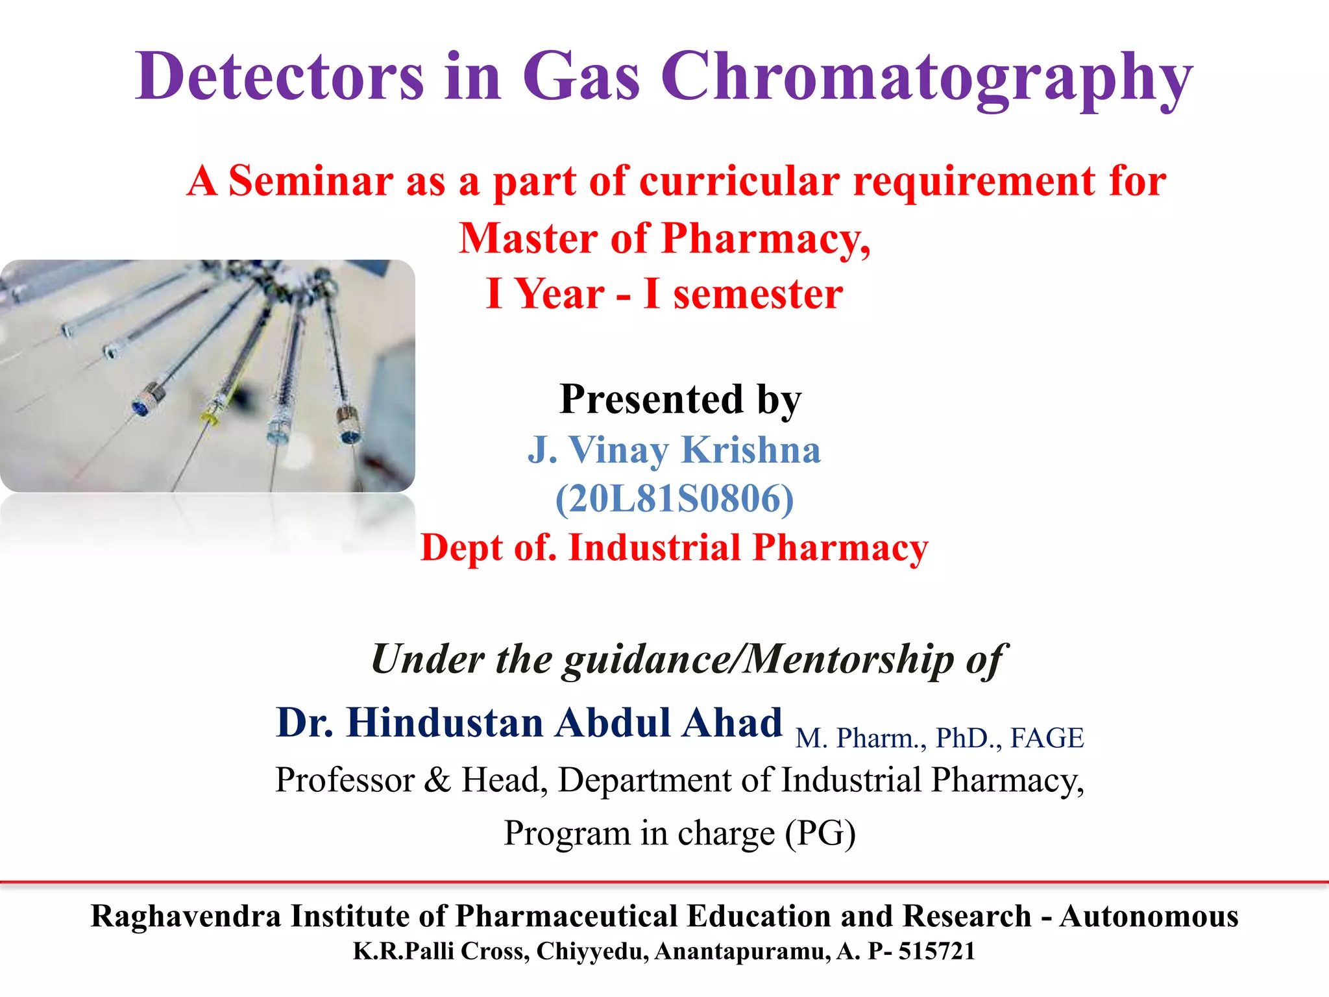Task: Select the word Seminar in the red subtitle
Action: point(311,181)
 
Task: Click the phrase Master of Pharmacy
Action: point(664,238)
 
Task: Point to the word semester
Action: point(757,294)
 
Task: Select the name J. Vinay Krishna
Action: point(674,450)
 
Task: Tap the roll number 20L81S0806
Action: point(674,498)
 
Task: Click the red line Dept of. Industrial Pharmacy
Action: point(674,548)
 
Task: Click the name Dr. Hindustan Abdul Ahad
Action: point(529,723)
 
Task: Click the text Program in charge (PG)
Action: point(679,833)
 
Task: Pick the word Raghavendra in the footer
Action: point(186,917)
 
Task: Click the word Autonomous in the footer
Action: point(1149,917)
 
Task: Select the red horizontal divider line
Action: point(664,882)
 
